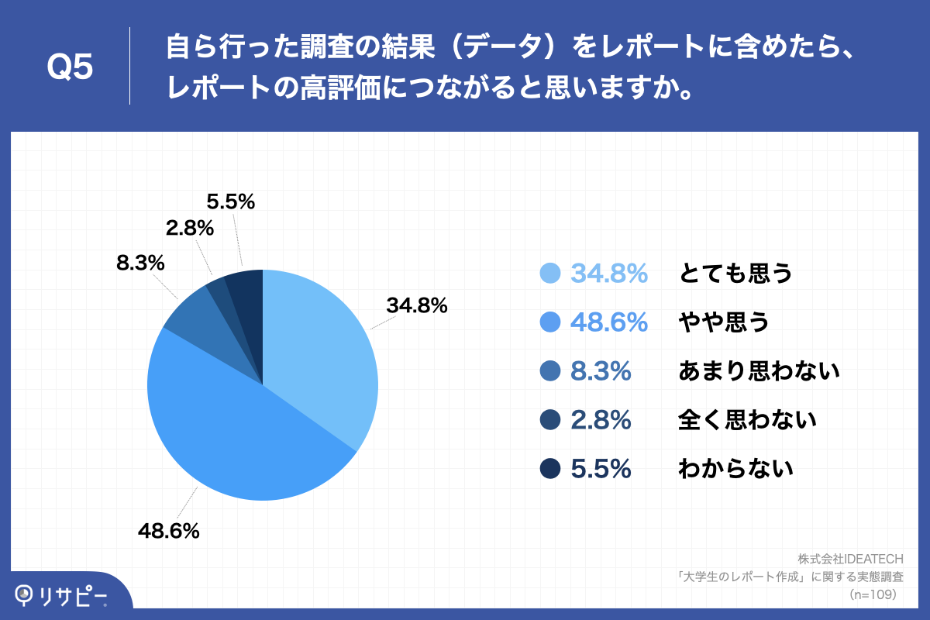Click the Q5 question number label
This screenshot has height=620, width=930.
(x=70, y=67)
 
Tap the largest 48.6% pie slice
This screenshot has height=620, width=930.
(x=232, y=434)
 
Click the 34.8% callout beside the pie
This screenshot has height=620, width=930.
(x=417, y=306)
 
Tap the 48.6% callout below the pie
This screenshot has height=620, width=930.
(x=169, y=531)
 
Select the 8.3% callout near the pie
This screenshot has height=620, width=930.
(x=140, y=263)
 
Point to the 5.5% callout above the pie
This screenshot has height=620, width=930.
(x=231, y=201)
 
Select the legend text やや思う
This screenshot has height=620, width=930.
(x=724, y=322)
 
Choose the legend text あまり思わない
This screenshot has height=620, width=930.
(x=759, y=371)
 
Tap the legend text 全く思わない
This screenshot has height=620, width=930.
(x=747, y=420)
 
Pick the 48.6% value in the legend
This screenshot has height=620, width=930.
(x=608, y=322)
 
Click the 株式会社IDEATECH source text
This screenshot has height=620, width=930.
(x=851, y=558)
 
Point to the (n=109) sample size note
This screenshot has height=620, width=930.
(x=873, y=594)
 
